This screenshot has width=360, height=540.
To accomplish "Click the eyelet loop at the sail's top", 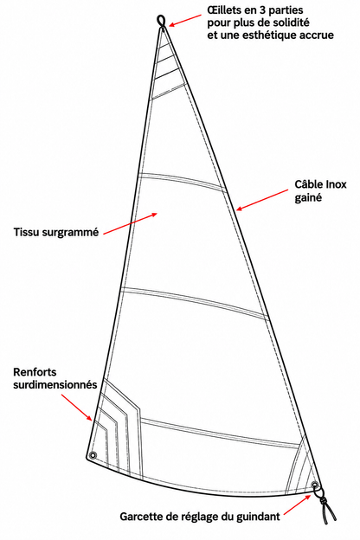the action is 161,21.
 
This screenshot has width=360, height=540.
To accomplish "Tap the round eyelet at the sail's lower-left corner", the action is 93,455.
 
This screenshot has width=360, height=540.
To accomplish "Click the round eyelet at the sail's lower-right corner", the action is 314,485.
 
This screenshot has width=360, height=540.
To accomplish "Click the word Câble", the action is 305,184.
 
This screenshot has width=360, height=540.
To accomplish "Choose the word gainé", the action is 308,198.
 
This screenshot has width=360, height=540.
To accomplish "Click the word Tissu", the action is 26,232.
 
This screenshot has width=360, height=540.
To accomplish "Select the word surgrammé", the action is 70,233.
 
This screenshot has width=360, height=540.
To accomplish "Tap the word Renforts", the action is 35,372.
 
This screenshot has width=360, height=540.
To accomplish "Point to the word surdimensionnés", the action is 55,384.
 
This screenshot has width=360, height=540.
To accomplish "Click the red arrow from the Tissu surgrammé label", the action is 130,224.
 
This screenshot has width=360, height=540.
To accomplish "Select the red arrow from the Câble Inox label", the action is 262,200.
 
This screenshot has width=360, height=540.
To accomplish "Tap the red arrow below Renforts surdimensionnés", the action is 77,408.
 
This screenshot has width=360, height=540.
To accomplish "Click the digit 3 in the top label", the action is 262,10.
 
